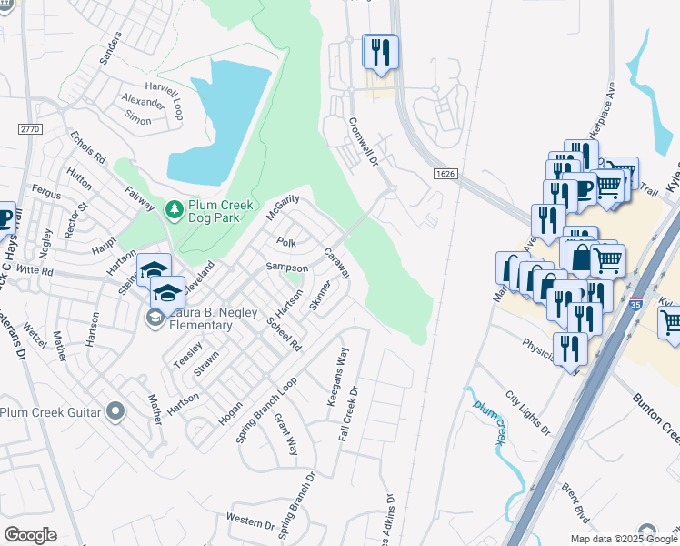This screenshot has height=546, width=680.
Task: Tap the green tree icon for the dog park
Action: (174, 210)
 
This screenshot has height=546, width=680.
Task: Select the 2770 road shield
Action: (29, 130)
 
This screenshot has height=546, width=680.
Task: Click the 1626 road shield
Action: (445, 173)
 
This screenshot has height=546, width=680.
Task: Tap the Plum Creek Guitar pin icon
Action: (115, 411)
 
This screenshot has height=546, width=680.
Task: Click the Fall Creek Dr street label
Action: (350, 413)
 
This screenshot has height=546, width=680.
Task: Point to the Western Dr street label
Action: (250, 522)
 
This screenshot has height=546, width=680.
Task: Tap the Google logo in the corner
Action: (30, 535)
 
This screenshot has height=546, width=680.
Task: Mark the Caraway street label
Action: (337, 265)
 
